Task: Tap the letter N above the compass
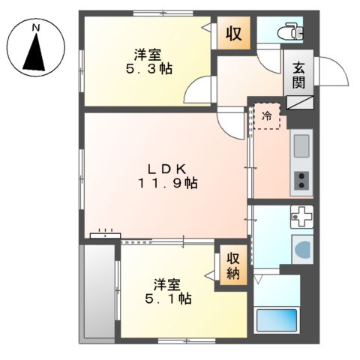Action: pyautogui.click(x=36, y=28)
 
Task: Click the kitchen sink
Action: pyautogui.click(x=301, y=142)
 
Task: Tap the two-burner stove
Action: pyautogui.click(x=301, y=181)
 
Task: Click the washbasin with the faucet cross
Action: pyautogui.click(x=301, y=217)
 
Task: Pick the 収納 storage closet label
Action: pyautogui.click(x=233, y=265)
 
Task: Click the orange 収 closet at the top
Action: pyautogui.click(x=234, y=33)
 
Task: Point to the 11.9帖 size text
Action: pyautogui.click(x=167, y=184)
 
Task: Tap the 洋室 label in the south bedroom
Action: pyautogui.click(x=169, y=283)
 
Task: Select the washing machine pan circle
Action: pyautogui.click(x=303, y=249)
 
